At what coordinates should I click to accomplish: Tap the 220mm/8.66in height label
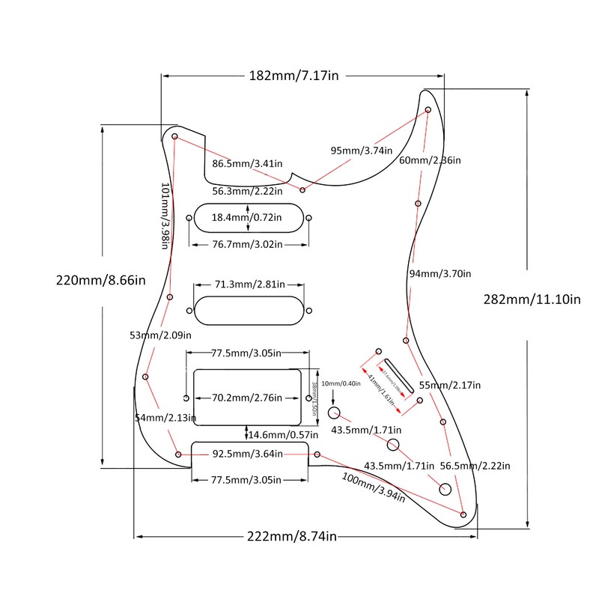[x=100, y=282]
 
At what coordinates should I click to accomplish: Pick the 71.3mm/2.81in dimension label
[x=250, y=285]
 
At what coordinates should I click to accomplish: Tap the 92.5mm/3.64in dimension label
[x=248, y=454]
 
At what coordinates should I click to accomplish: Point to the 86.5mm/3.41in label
[x=246, y=163]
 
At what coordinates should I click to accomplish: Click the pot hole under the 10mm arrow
[x=335, y=413]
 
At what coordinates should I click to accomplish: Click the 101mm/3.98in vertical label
[x=168, y=216]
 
